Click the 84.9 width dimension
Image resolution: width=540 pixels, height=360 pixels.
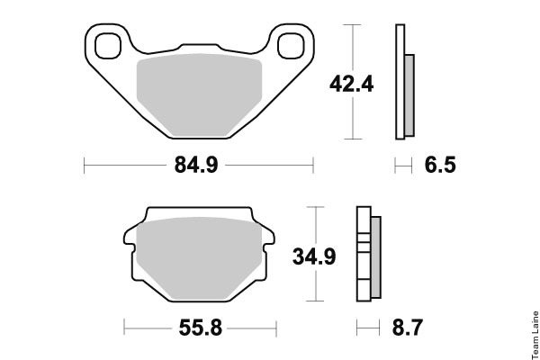point(196,165)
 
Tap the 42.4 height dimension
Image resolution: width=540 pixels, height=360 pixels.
point(351,84)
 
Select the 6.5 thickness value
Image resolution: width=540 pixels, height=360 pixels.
point(440,165)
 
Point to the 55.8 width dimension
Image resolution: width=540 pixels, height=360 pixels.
point(200,328)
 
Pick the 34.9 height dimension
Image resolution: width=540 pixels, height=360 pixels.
point(314,256)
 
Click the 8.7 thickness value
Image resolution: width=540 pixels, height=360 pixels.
point(407,328)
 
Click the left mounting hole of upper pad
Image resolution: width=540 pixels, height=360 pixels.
point(108,46)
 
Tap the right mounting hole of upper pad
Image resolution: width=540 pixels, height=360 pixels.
point(291,46)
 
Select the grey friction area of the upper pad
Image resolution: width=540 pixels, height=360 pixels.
point(200,94)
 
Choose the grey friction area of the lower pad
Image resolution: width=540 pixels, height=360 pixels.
point(199,257)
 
